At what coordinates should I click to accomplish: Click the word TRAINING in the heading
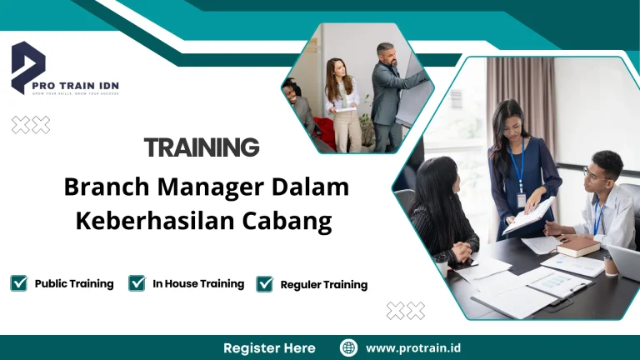pyautogui.click(x=202, y=147)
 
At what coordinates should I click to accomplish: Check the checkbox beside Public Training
pyautogui.click(x=18, y=283)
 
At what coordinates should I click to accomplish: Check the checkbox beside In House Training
pyautogui.click(x=137, y=283)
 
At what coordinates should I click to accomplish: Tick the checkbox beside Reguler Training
pyautogui.click(x=265, y=284)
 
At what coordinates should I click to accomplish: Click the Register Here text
pyautogui.click(x=269, y=347)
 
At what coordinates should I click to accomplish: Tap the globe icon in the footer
pyautogui.click(x=349, y=347)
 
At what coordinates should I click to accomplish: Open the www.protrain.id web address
pyautogui.click(x=412, y=347)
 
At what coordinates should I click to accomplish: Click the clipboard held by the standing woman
pyautogui.click(x=528, y=215)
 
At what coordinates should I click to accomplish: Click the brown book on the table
pyautogui.click(x=577, y=247)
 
